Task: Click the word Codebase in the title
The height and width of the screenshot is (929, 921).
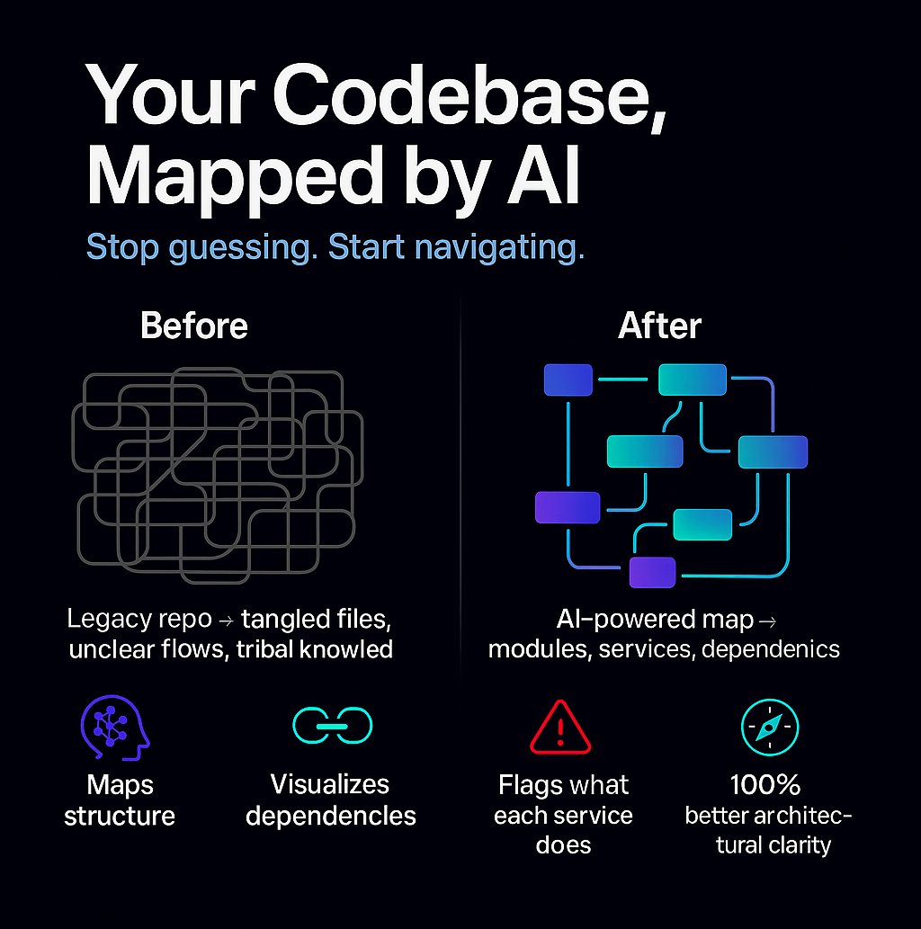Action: coord(469,96)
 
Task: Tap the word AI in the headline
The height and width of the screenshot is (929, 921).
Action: coord(543,176)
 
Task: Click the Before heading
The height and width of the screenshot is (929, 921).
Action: coord(193,326)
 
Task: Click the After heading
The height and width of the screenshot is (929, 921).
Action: coord(659,326)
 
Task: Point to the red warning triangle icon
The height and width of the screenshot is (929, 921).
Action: coord(560,727)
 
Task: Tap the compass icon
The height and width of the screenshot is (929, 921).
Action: coord(770,727)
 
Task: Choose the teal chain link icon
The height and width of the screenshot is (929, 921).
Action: coord(333,726)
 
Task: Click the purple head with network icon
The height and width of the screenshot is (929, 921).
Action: coord(115,728)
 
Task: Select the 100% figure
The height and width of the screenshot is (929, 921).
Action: coord(765,785)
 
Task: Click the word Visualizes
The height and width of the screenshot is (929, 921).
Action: coord(329,784)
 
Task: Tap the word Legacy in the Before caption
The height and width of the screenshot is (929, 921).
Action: coord(101,620)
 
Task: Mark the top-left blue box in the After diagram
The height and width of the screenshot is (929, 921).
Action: coord(568,380)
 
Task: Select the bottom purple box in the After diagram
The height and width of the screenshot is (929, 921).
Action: coord(652,572)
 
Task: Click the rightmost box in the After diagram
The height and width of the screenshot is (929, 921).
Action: coord(773,452)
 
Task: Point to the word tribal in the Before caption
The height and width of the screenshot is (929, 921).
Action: coord(265,649)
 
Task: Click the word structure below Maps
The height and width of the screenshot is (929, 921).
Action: coord(120,817)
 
